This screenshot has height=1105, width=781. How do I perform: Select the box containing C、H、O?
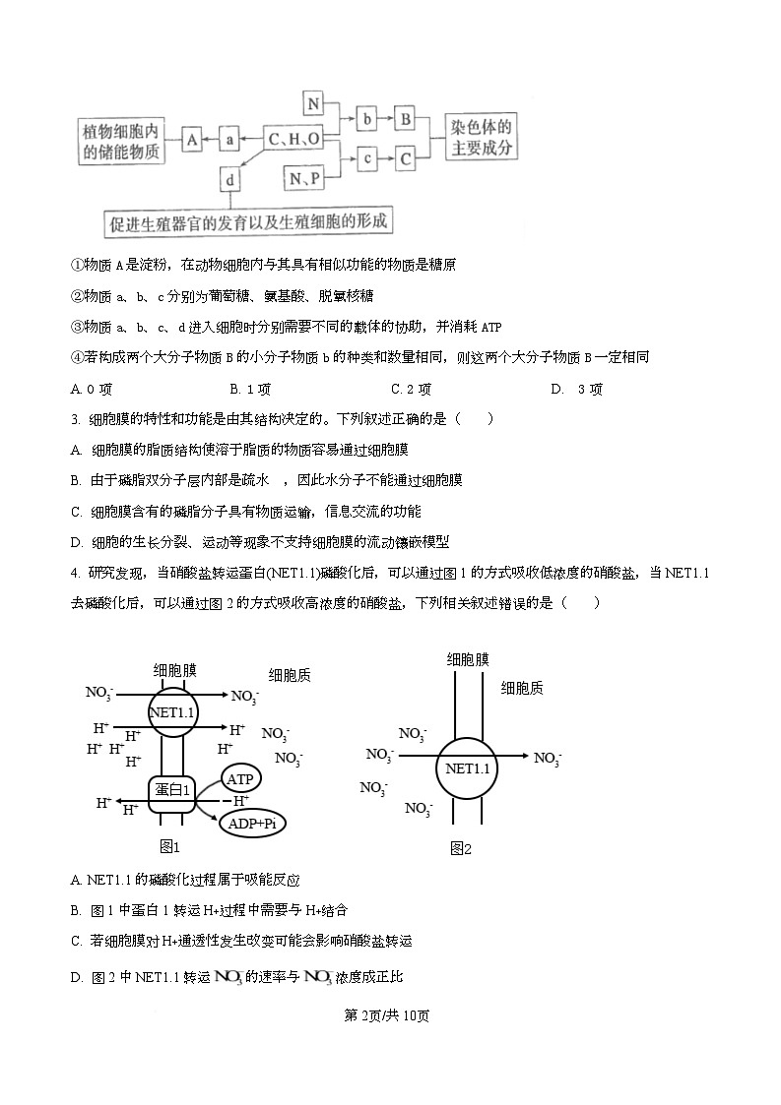coord(294,141)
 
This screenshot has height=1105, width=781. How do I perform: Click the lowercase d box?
coord(229,181)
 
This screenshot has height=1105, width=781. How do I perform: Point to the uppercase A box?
coord(192,141)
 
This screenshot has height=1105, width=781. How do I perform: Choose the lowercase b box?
coord(367,119)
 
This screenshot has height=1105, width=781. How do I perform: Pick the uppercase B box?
coord(405,119)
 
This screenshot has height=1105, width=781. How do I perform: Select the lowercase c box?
coord(367,157)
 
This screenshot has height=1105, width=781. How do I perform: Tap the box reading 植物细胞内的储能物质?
coord(123,141)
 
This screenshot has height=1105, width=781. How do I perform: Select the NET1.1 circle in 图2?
coord(466,768)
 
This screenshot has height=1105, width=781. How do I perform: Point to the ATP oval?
coord(240,779)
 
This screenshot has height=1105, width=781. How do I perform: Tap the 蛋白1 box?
coord(172,789)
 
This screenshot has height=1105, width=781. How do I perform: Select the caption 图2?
coord(461,848)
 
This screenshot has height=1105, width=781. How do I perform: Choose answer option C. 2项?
coord(413,389)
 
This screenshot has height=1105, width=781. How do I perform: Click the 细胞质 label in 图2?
coord(522,688)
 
